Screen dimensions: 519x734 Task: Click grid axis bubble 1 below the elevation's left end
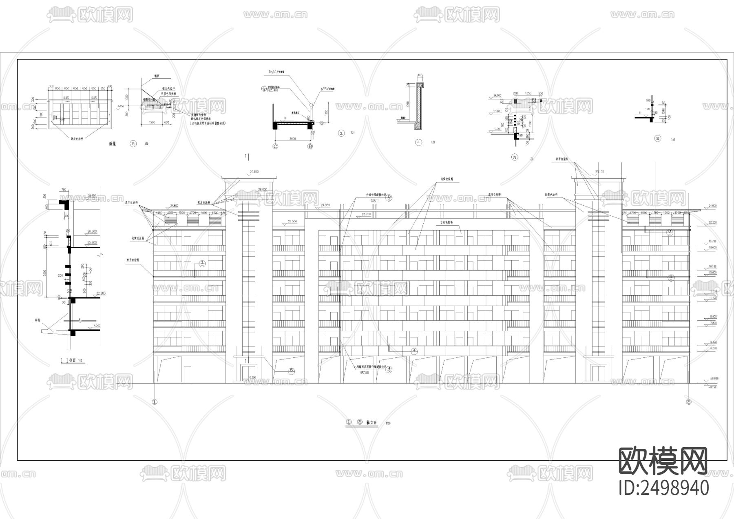pyautogui.click(x=155, y=401)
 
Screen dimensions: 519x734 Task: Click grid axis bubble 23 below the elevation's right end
pyautogui.click(x=689, y=401)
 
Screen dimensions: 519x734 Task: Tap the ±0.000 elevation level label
pyautogui.click(x=714, y=379)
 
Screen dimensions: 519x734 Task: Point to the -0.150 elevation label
pyautogui.click(x=713, y=387)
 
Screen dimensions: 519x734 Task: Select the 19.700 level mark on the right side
pyautogui.click(x=712, y=241)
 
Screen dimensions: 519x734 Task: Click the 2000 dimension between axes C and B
pyautogui.click(x=292, y=139)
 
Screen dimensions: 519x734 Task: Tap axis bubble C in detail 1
pyautogui.click(x=275, y=146)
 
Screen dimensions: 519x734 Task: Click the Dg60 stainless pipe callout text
pyautogui.click(x=276, y=71)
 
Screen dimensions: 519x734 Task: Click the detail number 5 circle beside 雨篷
pyautogui.click(x=133, y=144)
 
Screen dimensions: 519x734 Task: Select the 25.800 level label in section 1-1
pyautogui.click(x=92, y=242)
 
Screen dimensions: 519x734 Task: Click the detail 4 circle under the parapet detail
pyautogui.click(x=418, y=142)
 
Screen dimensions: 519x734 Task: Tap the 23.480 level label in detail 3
pyautogui.click(x=497, y=111)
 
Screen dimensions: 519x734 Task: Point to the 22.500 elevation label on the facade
pyautogui.click(x=292, y=221)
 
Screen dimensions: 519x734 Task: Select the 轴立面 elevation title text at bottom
pyautogui.click(x=372, y=423)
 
